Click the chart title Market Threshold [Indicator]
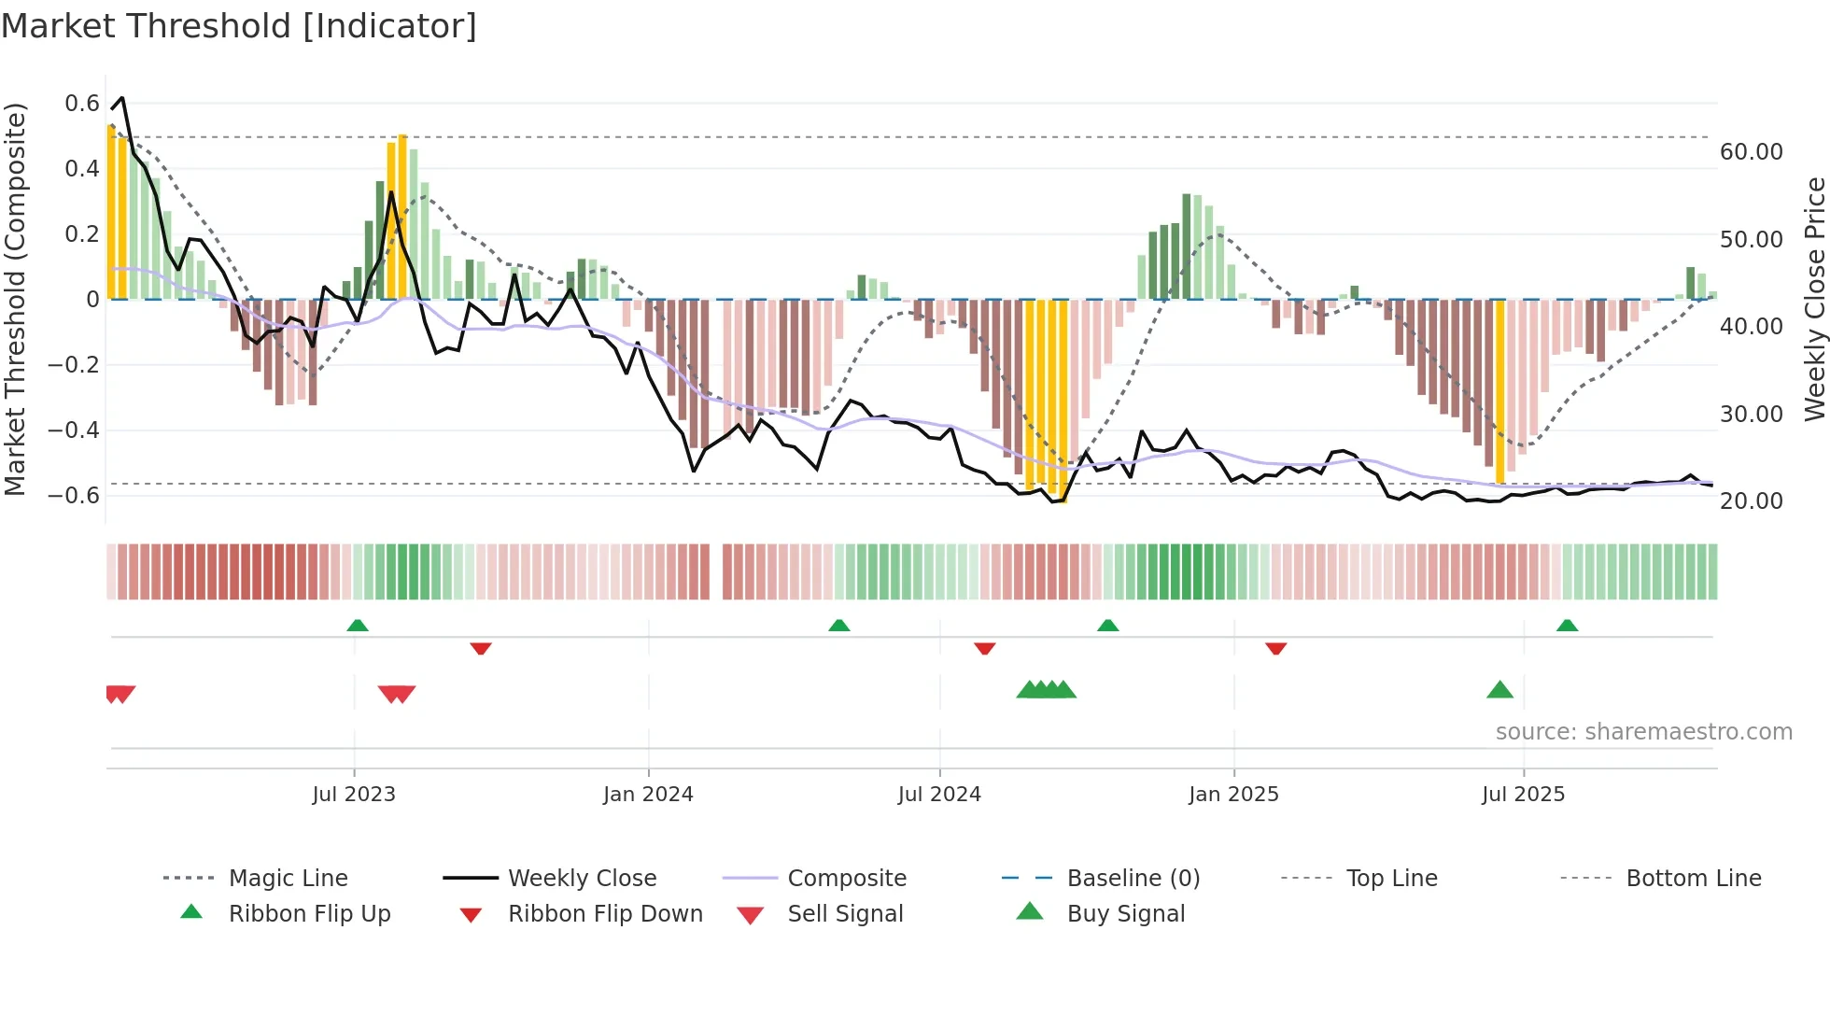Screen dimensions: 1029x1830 click(x=239, y=26)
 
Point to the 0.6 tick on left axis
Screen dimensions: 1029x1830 click(x=82, y=104)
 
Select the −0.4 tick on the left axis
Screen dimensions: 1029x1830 click(x=74, y=430)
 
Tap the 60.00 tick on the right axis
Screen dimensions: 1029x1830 click(x=1751, y=152)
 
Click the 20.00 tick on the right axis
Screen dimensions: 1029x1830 click(x=1751, y=501)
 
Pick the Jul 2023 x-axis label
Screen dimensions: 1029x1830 click(x=354, y=795)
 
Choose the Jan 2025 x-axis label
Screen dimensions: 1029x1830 click(x=1233, y=795)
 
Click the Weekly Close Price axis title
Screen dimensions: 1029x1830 click(x=1814, y=299)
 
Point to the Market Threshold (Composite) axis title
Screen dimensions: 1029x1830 click(x=15, y=299)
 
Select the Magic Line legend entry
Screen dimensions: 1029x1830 click(x=288, y=879)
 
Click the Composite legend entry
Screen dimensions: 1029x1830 click(x=846, y=879)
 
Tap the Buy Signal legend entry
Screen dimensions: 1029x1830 click(x=1125, y=914)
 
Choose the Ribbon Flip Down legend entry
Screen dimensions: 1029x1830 click(x=604, y=914)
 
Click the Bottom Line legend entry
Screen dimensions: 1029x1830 click(x=1693, y=879)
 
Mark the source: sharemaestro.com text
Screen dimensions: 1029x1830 click(x=1643, y=732)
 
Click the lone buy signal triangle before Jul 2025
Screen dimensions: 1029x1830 click(x=1499, y=690)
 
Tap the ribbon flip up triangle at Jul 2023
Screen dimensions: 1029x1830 click(x=358, y=626)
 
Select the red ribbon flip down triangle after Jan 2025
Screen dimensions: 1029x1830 click(x=1276, y=648)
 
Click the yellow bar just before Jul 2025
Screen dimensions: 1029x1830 click(x=1500, y=392)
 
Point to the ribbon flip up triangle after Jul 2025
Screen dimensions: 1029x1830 click(x=1567, y=626)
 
